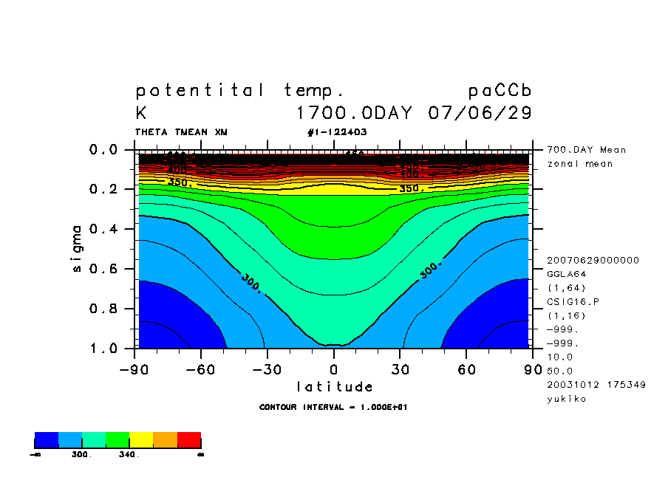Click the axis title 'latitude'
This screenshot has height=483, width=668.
point(334,386)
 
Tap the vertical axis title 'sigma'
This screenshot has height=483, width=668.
point(77,248)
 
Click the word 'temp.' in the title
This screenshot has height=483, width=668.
point(314,92)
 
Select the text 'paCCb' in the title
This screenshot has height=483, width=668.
point(500,92)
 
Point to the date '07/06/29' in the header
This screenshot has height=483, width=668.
point(480,114)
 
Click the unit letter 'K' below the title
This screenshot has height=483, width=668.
point(140,114)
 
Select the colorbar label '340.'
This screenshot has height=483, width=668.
point(129,455)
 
